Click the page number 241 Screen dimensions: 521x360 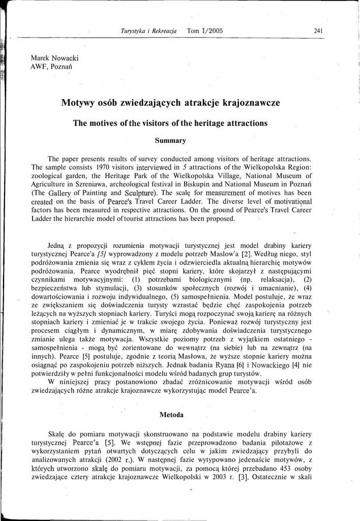(319, 31)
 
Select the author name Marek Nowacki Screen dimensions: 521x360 (51, 58)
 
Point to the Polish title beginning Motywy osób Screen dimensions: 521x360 (170, 103)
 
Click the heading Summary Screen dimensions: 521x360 (170, 140)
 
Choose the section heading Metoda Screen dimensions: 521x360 (171, 415)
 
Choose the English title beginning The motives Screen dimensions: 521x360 (170, 123)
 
